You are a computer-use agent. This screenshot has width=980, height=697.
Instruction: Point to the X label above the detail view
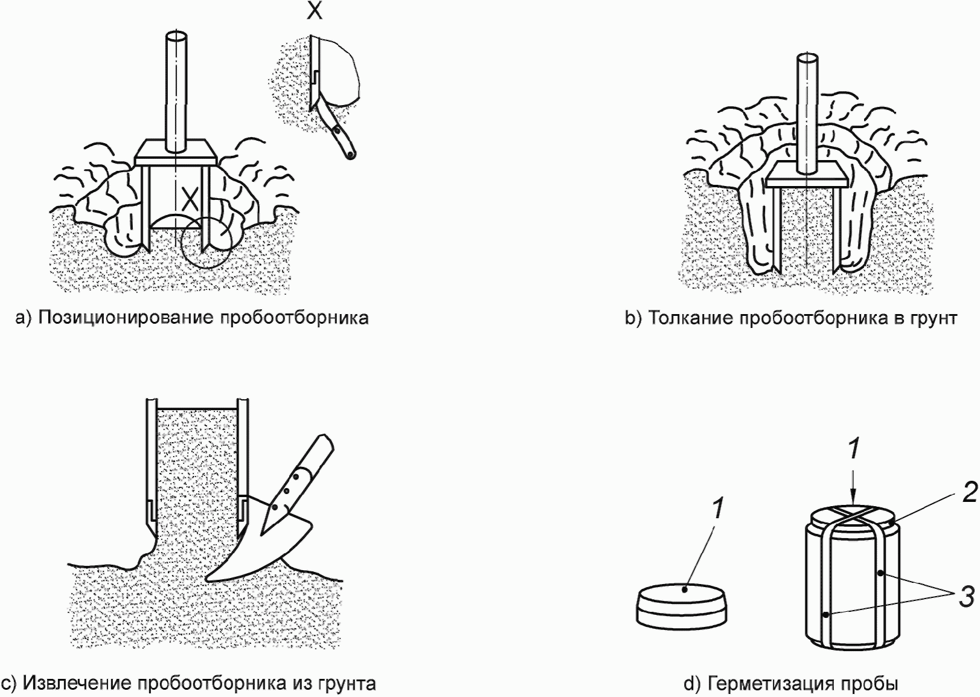coord(314,11)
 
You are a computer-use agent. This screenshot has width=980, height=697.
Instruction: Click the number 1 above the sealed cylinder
coord(853,449)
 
